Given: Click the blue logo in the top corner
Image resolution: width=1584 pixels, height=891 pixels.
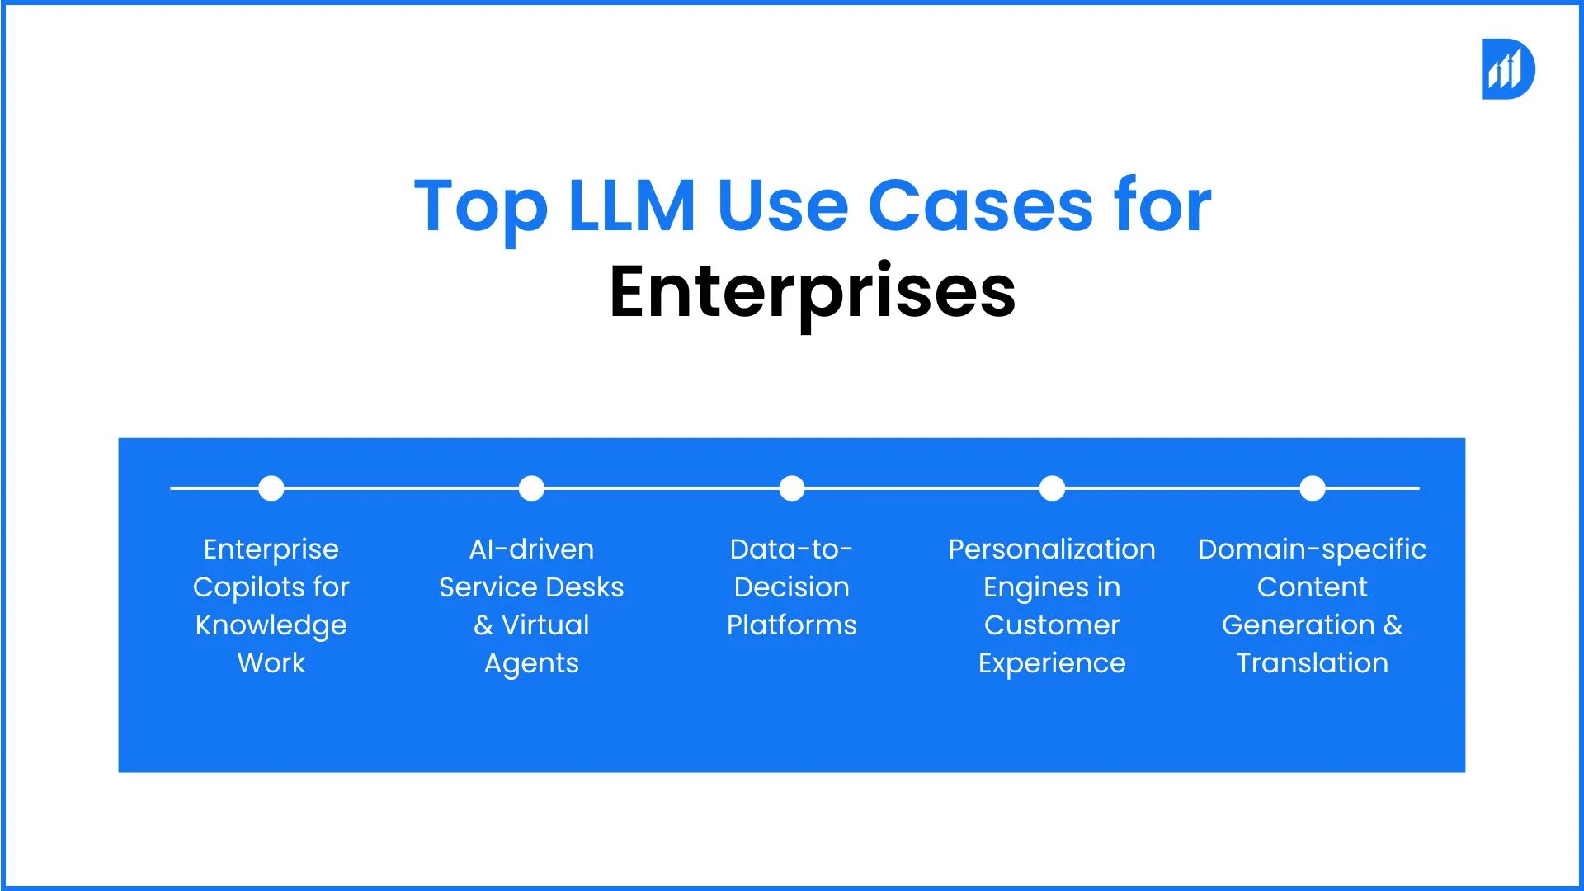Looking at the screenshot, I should pos(1507,69).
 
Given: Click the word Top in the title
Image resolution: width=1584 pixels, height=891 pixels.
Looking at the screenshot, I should pos(480,206).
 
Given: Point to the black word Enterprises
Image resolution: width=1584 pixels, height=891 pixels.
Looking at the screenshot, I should pos(812,292).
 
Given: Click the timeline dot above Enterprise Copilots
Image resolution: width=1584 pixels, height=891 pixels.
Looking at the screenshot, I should pos(271,488).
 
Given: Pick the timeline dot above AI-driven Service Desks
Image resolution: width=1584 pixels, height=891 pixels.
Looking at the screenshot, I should pos(531,488).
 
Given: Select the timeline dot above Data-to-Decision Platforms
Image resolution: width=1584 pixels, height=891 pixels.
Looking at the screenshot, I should pos(792,488).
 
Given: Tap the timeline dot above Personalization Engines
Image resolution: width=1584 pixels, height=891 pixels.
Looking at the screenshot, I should pos(1052,488).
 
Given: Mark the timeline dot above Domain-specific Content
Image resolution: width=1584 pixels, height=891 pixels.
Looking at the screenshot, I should pos(1312,488).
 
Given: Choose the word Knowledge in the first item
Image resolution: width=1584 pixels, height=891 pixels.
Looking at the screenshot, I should pos(271,626).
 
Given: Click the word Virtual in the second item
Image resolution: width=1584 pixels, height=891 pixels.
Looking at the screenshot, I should pos(545,625).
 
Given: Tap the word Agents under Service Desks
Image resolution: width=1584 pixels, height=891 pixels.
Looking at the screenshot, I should pos(531,664).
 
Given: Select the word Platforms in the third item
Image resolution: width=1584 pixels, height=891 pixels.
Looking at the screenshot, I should pos(791,625).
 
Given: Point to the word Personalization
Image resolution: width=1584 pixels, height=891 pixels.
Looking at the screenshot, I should pos(1052,549).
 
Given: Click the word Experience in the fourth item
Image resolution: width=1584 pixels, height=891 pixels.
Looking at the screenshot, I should pos(1052,663).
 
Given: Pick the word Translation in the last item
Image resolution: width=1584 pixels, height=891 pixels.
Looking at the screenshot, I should pos(1312,663).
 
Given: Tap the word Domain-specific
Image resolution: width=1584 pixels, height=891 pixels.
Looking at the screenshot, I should pos(1312,549).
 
